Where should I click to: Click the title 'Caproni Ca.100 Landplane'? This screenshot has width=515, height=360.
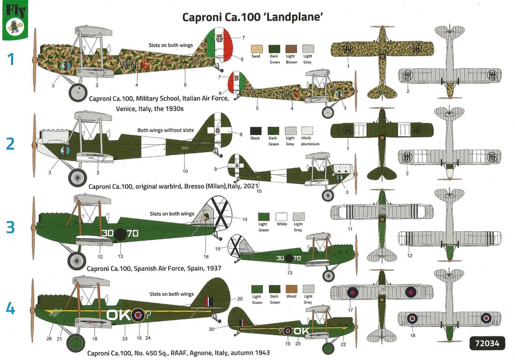(x=253, y=17)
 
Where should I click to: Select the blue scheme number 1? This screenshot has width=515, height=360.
(x=10, y=58)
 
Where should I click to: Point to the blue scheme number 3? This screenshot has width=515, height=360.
(x=10, y=227)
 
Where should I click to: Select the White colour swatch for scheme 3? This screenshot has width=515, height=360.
(x=281, y=216)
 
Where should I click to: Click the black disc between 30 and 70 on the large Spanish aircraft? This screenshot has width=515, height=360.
(x=120, y=234)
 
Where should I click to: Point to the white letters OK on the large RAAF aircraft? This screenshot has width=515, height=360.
(x=119, y=314)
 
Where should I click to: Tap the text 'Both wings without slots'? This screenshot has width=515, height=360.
(x=164, y=130)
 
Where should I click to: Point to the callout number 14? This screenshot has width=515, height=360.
(x=244, y=219)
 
